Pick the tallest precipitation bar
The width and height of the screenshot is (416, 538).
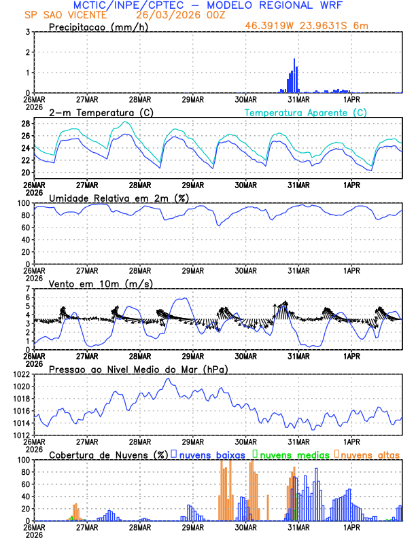tap(294, 75)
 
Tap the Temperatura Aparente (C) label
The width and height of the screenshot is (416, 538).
tap(306, 112)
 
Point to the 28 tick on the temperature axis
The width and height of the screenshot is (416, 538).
tap(27, 124)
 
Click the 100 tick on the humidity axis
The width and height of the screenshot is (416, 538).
tap(23, 203)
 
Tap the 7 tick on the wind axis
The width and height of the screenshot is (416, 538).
tap(29, 289)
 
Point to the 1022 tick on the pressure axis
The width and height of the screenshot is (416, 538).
tap(21, 374)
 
